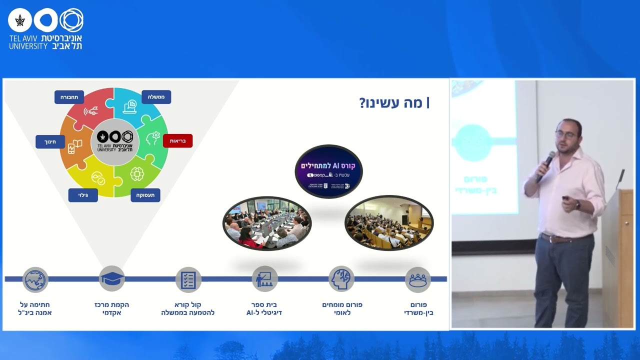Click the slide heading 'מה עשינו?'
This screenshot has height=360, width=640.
coord(394,103)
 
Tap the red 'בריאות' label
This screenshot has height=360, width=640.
coord(177,141)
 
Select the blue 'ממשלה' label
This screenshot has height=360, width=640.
coord(156,97)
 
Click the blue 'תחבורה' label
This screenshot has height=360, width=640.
coord(69,97)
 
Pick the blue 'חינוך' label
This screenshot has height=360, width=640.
coord(50,142)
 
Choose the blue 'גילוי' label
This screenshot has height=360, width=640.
coord(83,195)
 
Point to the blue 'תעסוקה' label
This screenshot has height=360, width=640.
coord(145,195)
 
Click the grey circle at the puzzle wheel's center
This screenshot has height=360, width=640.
coord(114,142)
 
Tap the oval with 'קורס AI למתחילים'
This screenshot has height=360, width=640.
coord(328,171)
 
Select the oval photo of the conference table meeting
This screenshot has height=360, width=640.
coord(267,223)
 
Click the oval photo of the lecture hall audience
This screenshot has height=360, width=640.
coord(389,223)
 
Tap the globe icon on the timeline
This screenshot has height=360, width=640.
coord(35,279)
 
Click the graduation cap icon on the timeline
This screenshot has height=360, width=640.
coord(111,279)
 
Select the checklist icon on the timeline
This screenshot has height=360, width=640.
coord(188,279)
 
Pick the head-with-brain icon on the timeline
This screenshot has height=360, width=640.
coord(341,279)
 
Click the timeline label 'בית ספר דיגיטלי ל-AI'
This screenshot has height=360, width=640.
coord(264,308)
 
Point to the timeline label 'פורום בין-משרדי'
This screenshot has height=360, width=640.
coord(418,308)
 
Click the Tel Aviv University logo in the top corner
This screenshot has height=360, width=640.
coord(45,28)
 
